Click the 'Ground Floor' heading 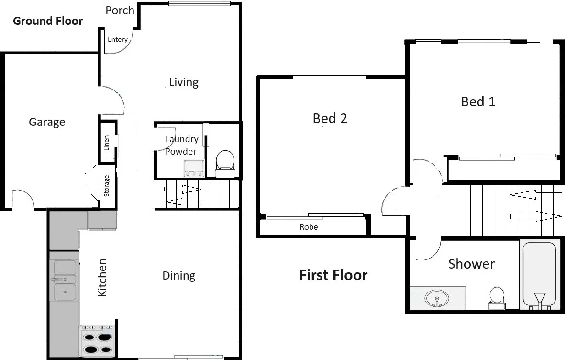click(48, 21)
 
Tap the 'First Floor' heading click(333, 275)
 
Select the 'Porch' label click(120, 11)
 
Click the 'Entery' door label click(118, 40)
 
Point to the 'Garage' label click(47, 122)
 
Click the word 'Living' click(184, 82)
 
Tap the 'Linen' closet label click(107, 143)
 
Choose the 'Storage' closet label click(107, 186)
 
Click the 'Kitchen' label click(102, 278)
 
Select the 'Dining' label click(179, 276)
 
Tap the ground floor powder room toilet click(225, 160)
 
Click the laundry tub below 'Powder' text click(194, 168)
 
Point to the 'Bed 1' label click(478, 101)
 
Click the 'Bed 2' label click(330, 118)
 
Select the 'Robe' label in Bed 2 click(309, 227)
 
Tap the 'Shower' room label click(471, 264)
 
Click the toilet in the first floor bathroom click(497, 297)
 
